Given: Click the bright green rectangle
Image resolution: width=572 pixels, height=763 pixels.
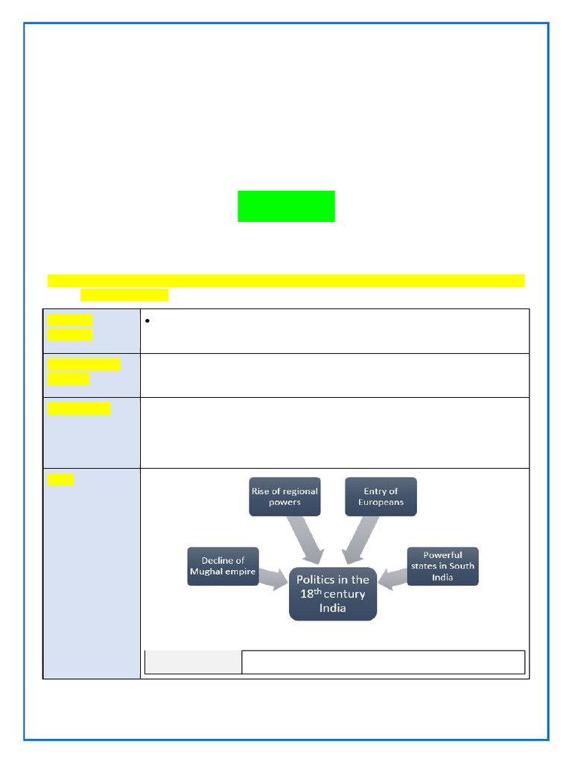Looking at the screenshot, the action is pyautogui.click(x=286, y=206).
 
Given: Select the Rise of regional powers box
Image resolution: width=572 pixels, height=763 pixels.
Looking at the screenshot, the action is pyautogui.click(x=285, y=496).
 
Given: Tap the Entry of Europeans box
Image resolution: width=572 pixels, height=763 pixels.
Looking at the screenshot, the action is pyautogui.click(x=381, y=496).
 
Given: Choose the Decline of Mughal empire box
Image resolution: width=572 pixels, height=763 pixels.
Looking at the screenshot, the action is pyautogui.click(x=223, y=566).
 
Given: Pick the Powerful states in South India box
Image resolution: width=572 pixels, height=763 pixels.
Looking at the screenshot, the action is pyautogui.click(x=442, y=566).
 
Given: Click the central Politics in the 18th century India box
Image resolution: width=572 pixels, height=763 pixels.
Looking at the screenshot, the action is pyautogui.click(x=333, y=594).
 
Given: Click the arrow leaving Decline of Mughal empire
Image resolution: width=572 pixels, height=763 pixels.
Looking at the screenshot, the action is pyautogui.click(x=273, y=579).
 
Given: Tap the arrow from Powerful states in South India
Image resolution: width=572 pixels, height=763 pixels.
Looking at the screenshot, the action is pyautogui.click(x=393, y=579).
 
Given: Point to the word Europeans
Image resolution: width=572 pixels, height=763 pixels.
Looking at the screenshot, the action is pyautogui.click(x=381, y=502).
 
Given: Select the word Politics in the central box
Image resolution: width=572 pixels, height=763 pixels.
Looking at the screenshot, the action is pyautogui.click(x=315, y=580).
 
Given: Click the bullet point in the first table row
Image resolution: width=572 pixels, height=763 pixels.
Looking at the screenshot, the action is pyautogui.click(x=147, y=320).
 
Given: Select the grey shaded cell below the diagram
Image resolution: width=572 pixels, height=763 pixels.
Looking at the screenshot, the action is pyautogui.click(x=193, y=662).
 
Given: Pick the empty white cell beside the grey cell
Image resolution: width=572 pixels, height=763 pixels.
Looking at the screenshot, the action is pyautogui.click(x=384, y=662).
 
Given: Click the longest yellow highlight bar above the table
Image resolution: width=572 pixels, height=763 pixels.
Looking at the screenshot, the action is pyautogui.click(x=286, y=281).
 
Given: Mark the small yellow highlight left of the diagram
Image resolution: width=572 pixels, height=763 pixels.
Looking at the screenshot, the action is pyautogui.click(x=60, y=480).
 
